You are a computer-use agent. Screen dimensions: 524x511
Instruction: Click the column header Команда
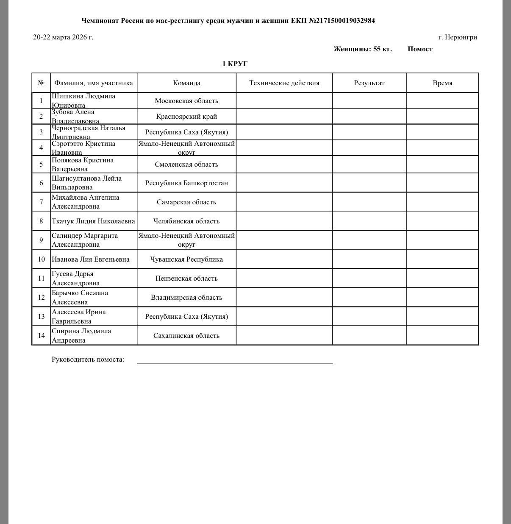coord(186,83)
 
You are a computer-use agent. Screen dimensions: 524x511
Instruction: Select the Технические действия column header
coord(284,83)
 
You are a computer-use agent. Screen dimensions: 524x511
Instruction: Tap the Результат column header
coord(369,83)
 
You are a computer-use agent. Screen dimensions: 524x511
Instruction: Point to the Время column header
coord(442,83)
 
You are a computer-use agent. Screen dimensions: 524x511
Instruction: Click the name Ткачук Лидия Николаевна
coord(93,221)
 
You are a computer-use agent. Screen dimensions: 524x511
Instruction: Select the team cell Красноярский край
coord(186,117)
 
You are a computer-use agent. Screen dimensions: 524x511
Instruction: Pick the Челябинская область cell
coord(186,221)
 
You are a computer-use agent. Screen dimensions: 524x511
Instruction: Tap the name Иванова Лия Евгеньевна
coord(91,259)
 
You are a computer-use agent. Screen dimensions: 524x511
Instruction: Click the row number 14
coord(41,336)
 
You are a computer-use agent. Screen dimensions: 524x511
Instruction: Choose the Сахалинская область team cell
coord(186,336)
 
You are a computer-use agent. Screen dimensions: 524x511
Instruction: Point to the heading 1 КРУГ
coord(235,64)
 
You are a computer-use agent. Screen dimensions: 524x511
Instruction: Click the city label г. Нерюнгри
coord(458,37)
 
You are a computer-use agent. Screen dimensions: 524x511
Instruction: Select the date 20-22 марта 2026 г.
coord(63,37)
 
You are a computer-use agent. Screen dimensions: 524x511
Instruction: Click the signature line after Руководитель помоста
coord(234,362)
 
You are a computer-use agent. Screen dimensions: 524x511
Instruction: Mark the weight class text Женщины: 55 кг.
coord(362,49)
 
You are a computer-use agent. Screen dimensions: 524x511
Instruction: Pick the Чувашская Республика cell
coord(186,259)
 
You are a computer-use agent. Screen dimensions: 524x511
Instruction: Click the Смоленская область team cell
coord(186,164)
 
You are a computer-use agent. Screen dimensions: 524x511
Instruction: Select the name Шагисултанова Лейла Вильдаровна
coord(86,183)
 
